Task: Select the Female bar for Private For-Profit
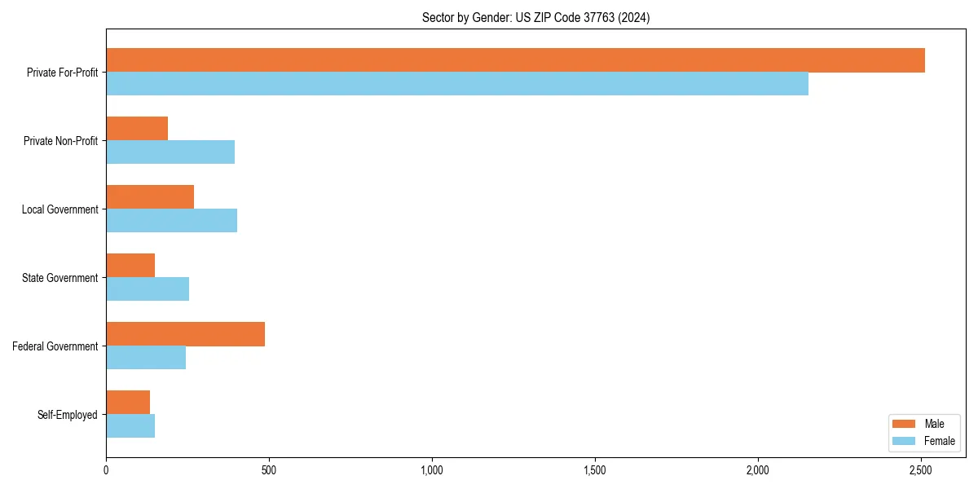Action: click(x=457, y=84)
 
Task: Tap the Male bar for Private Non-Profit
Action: click(x=137, y=129)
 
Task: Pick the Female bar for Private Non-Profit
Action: click(x=170, y=152)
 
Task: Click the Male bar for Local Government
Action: click(x=150, y=197)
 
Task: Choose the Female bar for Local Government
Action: click(x=171, y=221)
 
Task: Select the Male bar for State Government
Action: click(x=130, y=266)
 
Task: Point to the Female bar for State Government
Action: click(x=148, y=289)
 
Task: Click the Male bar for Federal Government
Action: click(x=185, y=334)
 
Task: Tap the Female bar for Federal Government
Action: click(x=146, y=358)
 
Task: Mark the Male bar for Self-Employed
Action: click(x=128, y=403)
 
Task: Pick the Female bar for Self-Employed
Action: click(x=130, y=426)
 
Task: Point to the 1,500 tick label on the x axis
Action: click(x=595, y=470)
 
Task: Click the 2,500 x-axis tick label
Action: click(x=921, y=470)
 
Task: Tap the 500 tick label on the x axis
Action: click(x=269, y=470)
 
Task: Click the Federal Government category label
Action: click(x=55, y=346)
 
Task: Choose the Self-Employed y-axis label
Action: click(x=68, y=415)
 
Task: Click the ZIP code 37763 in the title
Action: click(x=598, y=17)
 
